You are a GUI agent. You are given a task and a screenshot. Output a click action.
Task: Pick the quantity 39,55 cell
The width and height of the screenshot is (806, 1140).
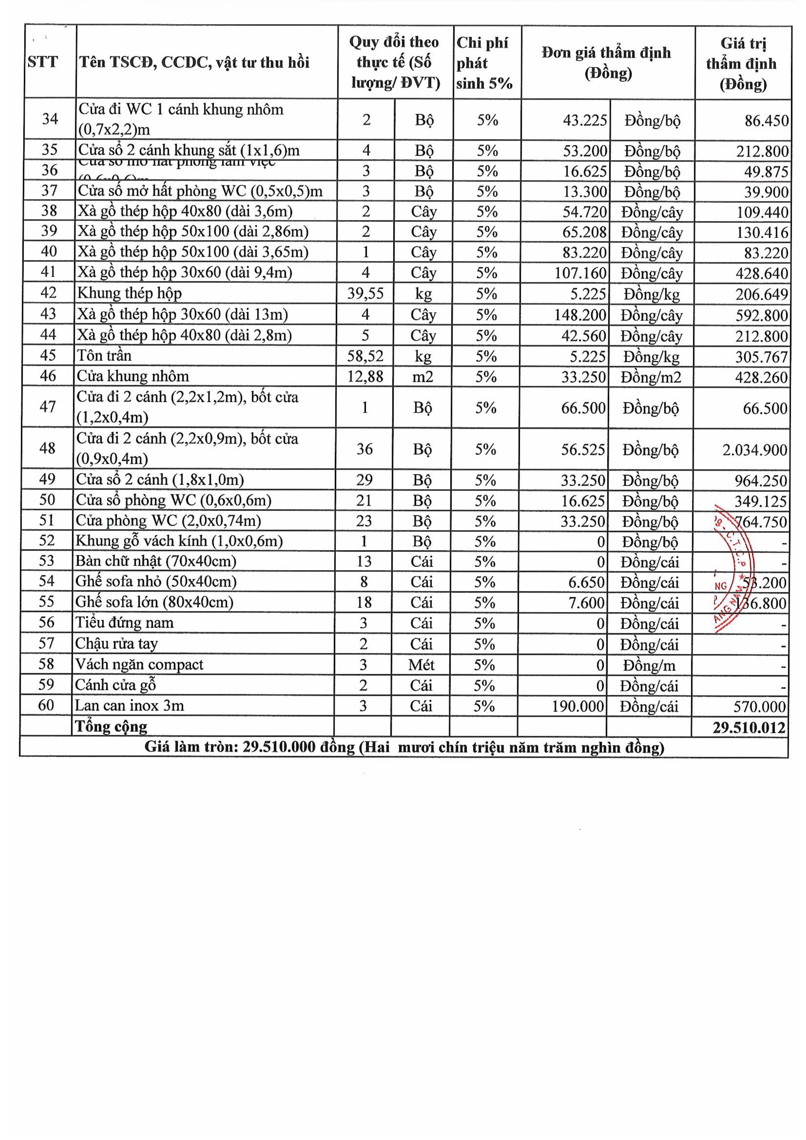tap(365, 293)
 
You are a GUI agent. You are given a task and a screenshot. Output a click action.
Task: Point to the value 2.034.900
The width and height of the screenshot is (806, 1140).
tap(754, 450)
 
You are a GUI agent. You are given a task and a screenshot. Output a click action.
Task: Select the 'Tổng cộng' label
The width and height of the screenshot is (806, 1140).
tap(111, 726)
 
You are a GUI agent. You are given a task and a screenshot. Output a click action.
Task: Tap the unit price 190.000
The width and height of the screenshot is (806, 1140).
tap(578, 706)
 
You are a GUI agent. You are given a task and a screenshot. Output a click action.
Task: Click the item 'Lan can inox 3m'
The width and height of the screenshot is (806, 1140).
tap(130, 706)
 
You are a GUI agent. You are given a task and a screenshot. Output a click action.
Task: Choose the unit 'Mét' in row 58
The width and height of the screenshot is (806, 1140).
tap(421, 664)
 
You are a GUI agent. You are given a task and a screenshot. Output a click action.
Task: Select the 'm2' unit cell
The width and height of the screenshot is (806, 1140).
tap(423, 377)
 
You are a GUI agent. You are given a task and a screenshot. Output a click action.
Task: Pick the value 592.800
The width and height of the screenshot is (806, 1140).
tap(761, 315)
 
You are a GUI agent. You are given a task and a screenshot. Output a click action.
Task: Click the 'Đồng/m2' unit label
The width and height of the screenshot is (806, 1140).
tap(651, 378)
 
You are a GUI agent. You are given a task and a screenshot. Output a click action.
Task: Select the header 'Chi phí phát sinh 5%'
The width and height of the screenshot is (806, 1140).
tap(484, 63)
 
